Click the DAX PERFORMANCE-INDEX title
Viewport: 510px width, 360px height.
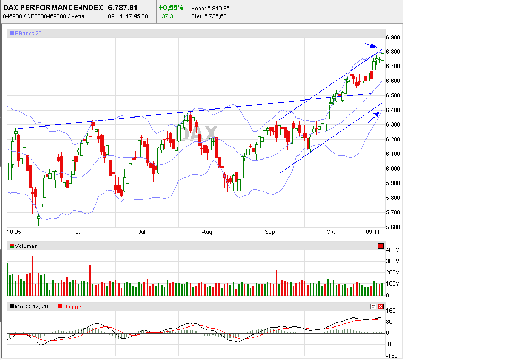pos(53,7)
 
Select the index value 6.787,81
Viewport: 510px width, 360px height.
pos(123,7)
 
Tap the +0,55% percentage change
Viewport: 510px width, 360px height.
pos(171,7)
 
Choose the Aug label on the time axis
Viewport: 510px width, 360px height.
pos(207,232)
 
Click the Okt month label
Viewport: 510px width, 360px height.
pos(331,232)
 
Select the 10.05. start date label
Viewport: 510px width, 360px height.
pos(14,232)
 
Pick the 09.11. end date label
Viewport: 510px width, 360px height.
pos(373,232)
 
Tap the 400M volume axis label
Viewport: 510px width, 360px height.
pos(393,250)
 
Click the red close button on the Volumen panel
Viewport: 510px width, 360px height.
pos(380,246)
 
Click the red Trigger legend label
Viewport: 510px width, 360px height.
pos(74,306)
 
